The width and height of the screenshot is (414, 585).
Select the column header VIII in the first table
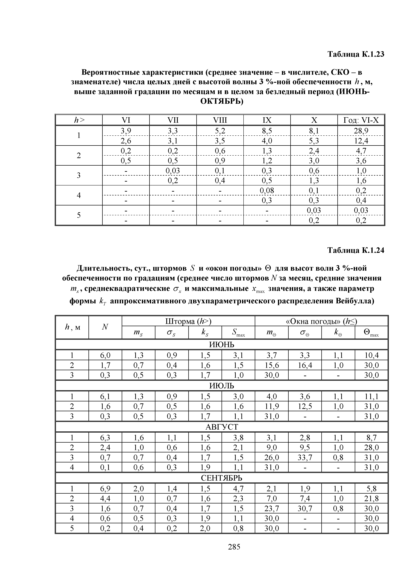220,120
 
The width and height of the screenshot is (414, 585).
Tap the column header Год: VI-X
361,120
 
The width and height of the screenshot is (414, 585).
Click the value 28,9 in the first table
361,131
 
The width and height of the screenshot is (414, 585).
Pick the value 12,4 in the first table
361,141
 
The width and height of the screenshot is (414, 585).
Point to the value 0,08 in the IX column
267,190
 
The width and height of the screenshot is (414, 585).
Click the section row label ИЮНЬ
221,345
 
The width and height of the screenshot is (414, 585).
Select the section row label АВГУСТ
221,427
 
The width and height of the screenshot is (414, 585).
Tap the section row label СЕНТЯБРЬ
221,478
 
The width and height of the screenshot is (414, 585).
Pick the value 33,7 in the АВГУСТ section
305,458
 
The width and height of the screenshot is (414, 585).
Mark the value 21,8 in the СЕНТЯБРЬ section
371,499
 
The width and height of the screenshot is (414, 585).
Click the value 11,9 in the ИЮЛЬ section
271,406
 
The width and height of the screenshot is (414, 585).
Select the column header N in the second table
105,327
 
